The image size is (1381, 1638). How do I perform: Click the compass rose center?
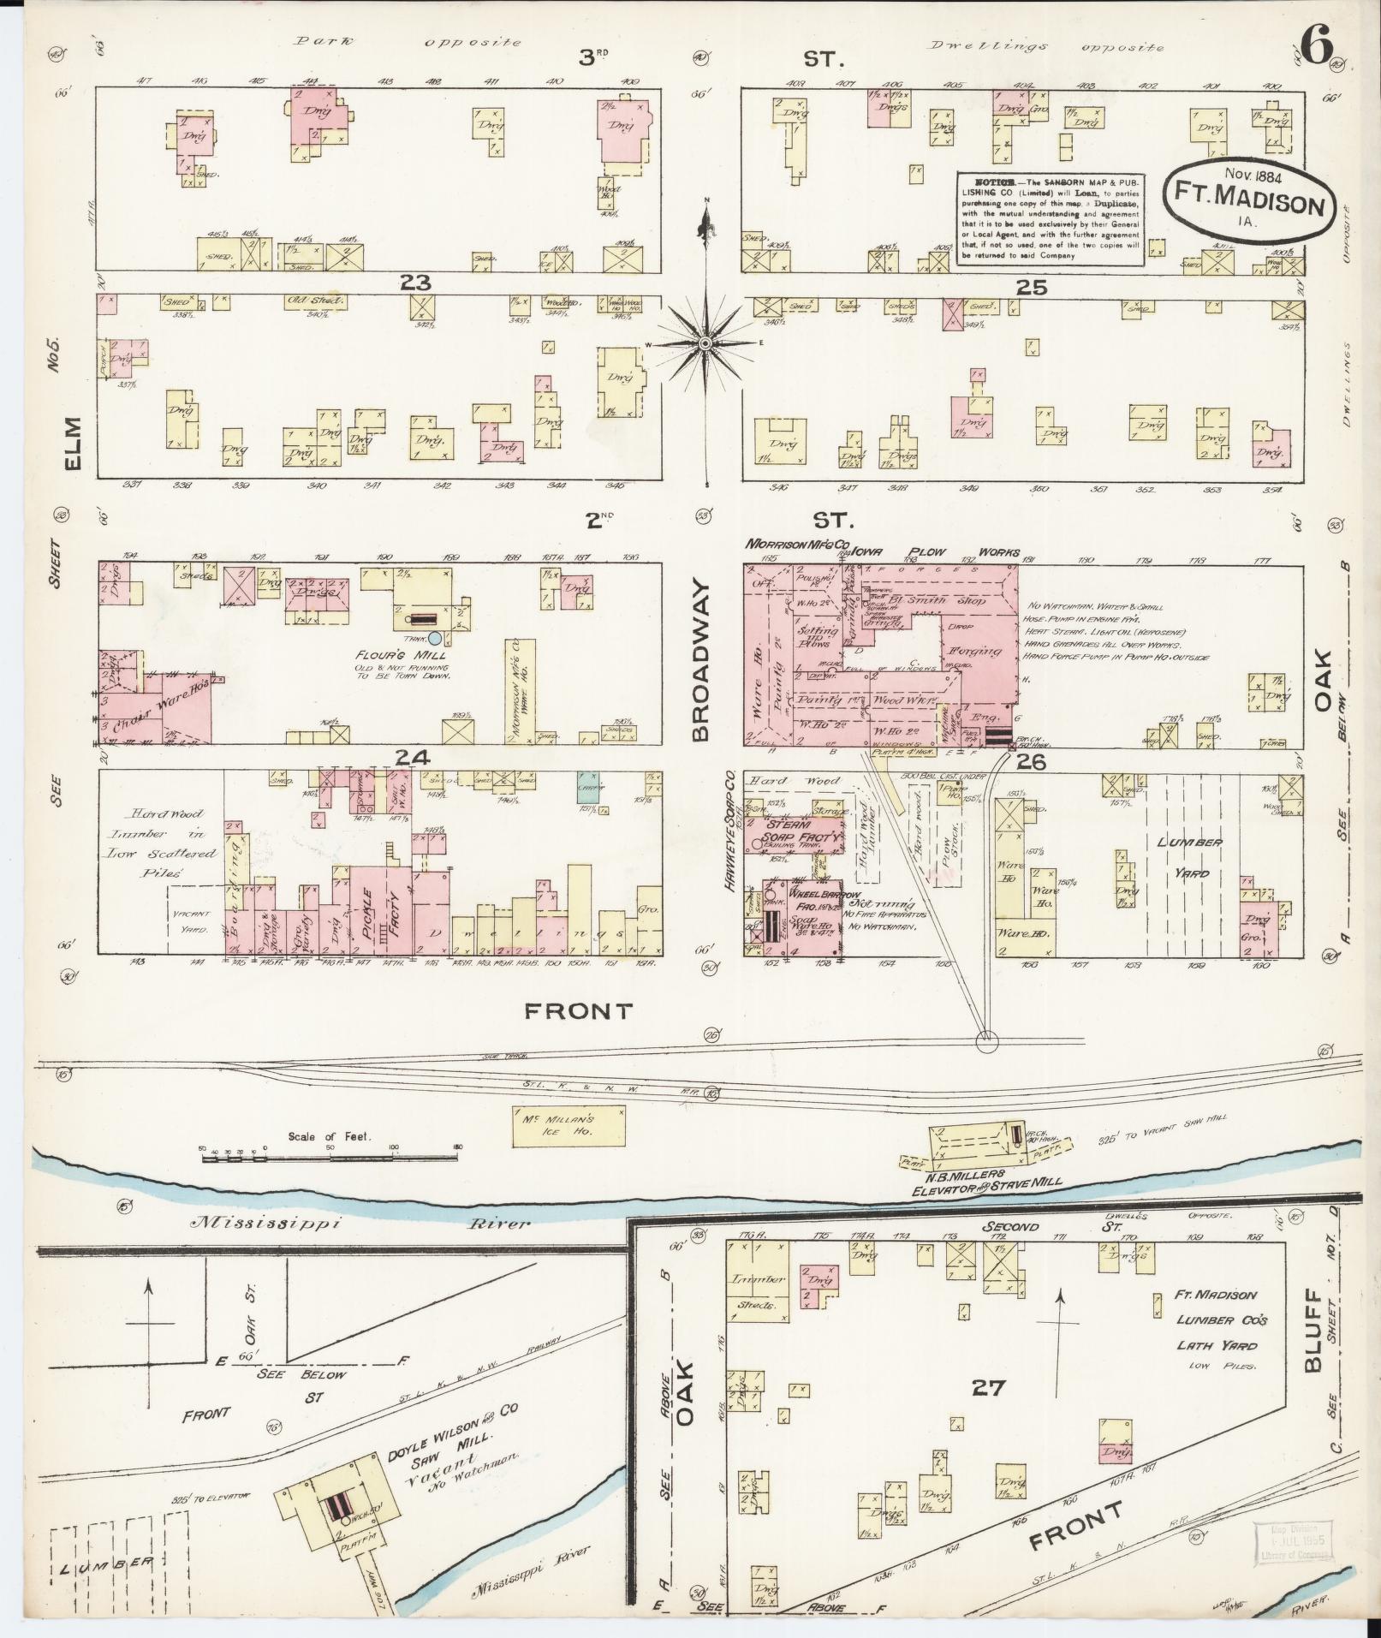(705, 343)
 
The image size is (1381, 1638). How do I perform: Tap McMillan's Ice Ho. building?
(568, 1125)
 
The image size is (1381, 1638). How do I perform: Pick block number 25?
(1031, 289)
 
